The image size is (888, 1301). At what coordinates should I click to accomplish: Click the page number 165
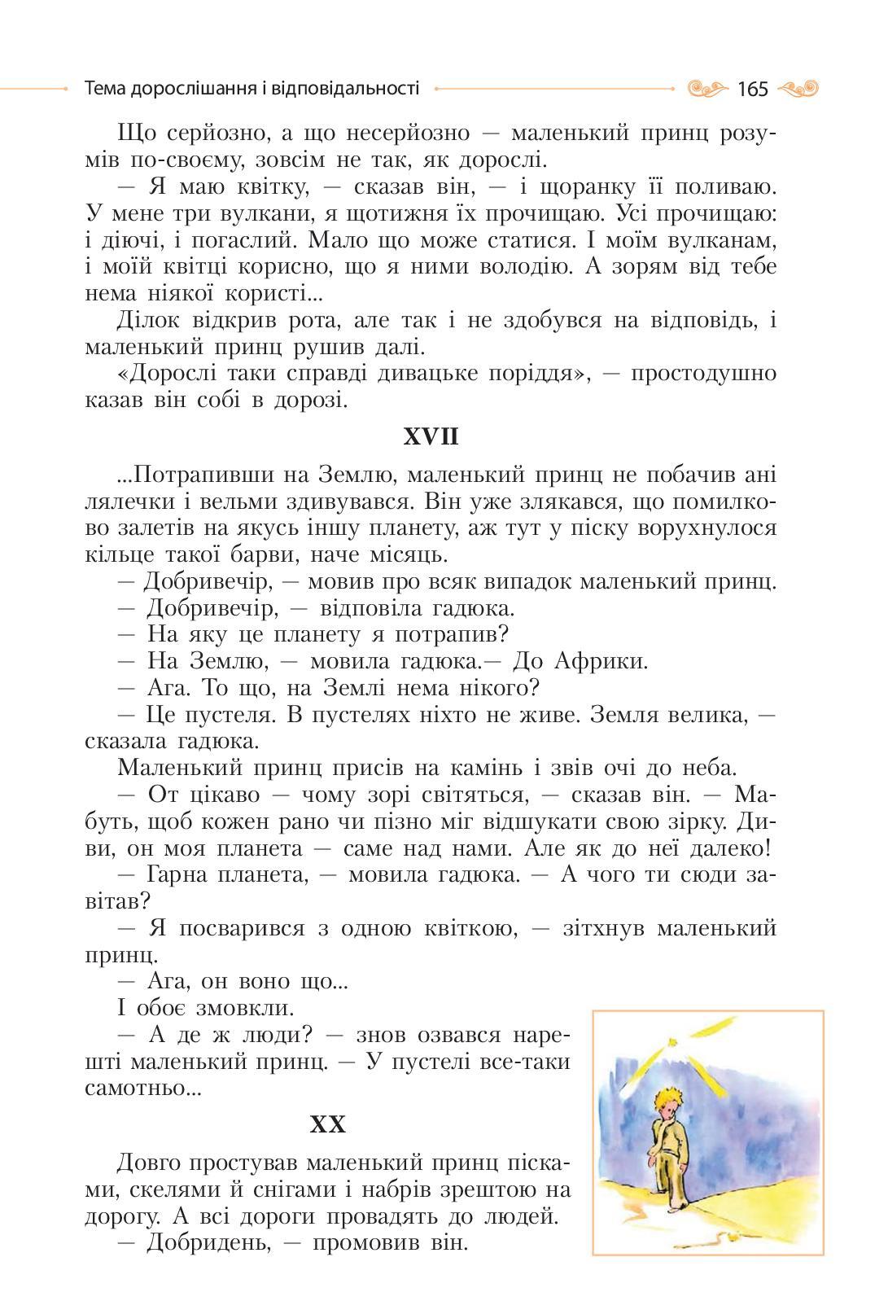pos(752,89)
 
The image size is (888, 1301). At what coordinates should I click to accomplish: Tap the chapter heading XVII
pos(431,437)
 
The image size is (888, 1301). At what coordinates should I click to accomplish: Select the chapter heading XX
pos(328,1124)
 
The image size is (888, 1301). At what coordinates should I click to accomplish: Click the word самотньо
pos(142,1088)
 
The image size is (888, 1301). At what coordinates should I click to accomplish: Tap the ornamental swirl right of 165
pos(798,88)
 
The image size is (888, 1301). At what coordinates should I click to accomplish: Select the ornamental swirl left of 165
pos(706,88)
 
